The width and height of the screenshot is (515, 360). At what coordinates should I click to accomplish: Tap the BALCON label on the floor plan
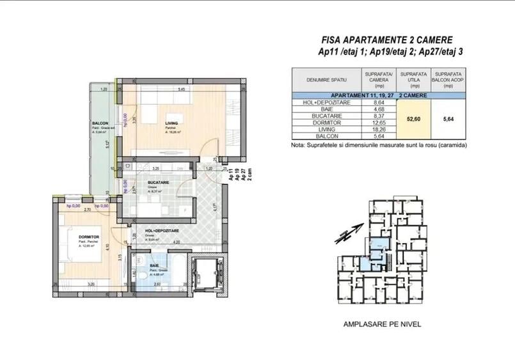99,123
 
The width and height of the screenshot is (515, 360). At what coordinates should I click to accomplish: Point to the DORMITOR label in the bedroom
89,237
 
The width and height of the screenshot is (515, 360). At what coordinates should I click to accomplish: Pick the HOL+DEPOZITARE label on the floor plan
162,231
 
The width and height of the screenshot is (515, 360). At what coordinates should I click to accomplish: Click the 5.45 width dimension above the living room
182,89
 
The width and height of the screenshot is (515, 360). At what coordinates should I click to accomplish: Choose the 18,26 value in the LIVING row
378,129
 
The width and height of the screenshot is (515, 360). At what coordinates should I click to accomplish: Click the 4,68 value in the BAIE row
378,109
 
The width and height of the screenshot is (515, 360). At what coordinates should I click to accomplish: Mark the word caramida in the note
451,145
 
